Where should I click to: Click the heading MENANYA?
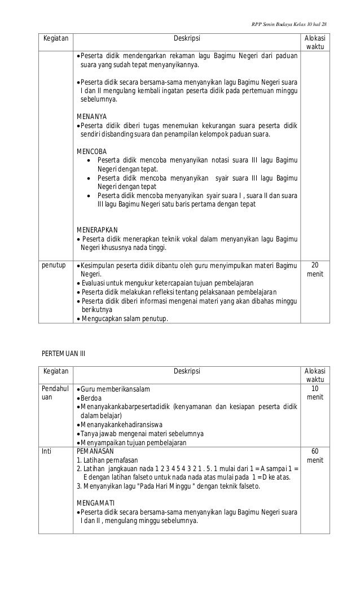click(91, 117)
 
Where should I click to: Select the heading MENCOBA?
click(91, 151)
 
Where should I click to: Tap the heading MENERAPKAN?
click(96, 230)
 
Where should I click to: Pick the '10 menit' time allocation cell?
click(314, 394)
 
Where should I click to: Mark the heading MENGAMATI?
click(95, 502)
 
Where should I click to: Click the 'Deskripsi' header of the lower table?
click(186, 371)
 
